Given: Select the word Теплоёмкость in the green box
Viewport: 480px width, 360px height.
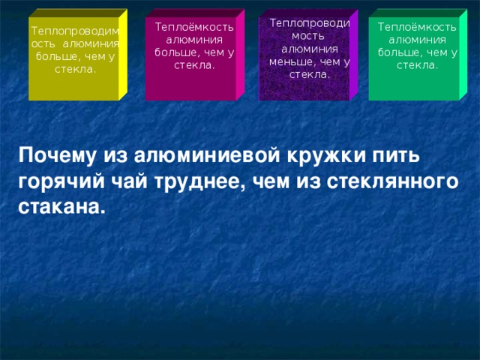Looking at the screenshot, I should [418, 27].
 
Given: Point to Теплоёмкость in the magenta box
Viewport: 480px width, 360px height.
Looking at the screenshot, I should [194, 27].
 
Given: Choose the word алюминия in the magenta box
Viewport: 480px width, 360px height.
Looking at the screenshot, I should [194, 40].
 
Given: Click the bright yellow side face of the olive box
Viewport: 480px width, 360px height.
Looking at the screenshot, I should [123, 56].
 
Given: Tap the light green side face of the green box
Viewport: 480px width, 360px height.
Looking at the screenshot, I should [463, 56].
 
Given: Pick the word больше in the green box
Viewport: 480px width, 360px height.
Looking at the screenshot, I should [398, 52].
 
